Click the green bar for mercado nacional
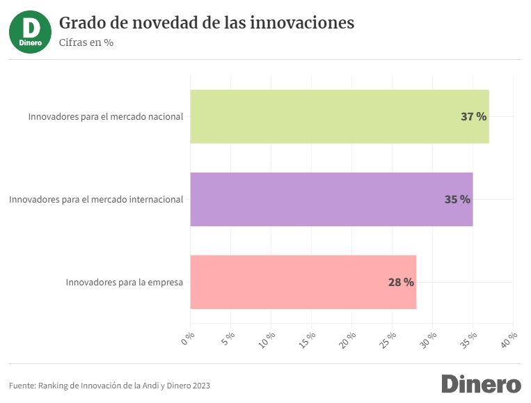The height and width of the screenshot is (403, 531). pos(339,116)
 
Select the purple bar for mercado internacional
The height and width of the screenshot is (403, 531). pos(331,199)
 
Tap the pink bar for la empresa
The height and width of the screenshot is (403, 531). pos(303,282)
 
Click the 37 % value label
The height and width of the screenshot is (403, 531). pos(473,116)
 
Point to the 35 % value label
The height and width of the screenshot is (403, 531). pos(457,199)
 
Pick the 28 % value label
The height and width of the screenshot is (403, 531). pos(401,282)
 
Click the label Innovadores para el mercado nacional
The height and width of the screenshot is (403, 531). pos(106,116)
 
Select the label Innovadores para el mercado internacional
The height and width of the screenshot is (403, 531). pos(96,199)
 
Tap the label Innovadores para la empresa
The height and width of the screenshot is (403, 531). pos(125,282)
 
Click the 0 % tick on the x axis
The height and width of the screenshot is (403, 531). pos(188,339)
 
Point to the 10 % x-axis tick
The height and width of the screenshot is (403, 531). pos(268,340)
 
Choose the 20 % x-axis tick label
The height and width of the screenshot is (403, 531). pos(349,340)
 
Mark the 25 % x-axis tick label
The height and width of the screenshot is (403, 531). pos(389,340)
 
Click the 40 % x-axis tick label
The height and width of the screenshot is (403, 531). pos(510,340)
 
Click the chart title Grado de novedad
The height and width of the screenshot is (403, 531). pos(207,23)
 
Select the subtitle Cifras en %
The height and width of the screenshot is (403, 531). pos(86,42)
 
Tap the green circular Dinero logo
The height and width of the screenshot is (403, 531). pos(30,31)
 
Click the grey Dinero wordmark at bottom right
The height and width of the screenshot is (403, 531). pos(481,384)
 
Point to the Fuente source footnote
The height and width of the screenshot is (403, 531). pos(109,385)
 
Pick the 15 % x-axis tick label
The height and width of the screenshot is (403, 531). pos(308,340)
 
